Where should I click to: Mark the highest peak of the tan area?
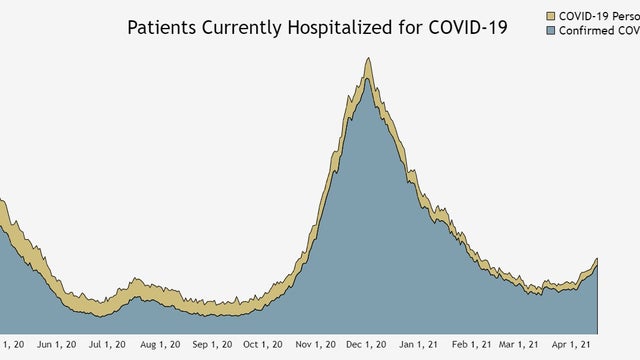click(x=368, y=58)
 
